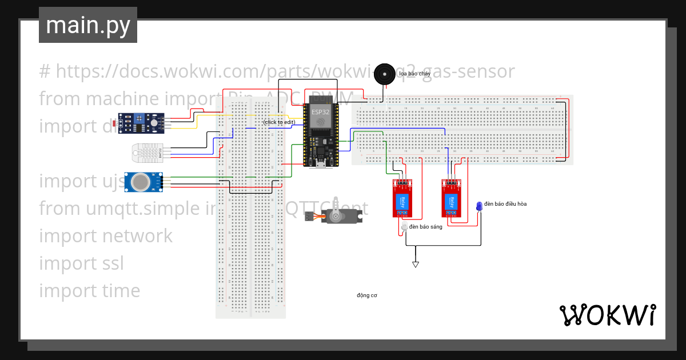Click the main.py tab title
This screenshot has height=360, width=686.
click(x=88, y=25)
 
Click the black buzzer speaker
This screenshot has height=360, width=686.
click(x=385, y=74)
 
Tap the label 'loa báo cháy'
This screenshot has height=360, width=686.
click(x=415, y=74)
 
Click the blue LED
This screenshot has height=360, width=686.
click(x=479, y=206)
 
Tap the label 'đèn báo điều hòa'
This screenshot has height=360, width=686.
click(x=505, y=204)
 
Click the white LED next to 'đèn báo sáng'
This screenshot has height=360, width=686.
click(x=404, y=227)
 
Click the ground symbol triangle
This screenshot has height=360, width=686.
click(x=416, y=264)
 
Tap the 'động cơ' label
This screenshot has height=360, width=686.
click(x=367, y=295)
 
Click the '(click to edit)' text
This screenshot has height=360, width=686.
click(x=279, y=122)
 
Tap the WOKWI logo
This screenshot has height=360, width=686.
click(x=607, y=315)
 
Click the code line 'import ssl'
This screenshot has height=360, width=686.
click(x=81, y=263)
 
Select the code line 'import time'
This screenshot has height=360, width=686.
click(x=89, y=291)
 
